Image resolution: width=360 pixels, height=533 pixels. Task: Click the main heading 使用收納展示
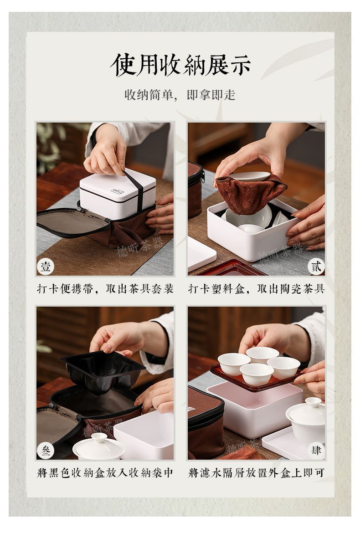[x=180, y=65]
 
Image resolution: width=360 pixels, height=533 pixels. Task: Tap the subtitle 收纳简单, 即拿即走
[x=180, y=95]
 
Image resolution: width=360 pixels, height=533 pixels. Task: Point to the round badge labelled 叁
[x=46, y=451]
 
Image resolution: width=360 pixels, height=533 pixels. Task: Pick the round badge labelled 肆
[x=316, y=451]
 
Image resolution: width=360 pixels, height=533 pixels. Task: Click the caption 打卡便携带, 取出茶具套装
[x=105, y=289]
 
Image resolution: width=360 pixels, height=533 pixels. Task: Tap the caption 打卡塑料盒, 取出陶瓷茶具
[x=256, y=289]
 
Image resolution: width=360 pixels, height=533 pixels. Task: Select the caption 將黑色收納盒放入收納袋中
[x=105, y=473]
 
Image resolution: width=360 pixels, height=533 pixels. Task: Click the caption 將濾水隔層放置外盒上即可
[x=256, y=473]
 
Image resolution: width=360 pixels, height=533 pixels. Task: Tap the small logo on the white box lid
[x=117, y=191]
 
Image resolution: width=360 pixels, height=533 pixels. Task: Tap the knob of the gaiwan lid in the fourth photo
[x=313, y=402]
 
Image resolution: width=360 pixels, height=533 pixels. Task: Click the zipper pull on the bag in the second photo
[x=203, y=176]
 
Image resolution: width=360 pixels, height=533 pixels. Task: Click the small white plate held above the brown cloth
[x=249, y=176]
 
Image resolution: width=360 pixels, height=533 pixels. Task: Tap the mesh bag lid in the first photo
[x=73, y=222]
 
